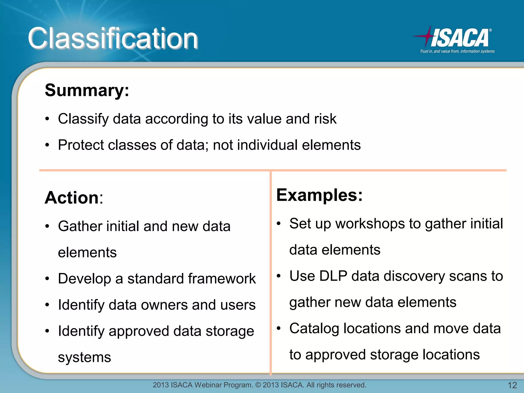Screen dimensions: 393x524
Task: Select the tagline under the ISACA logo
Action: tap(457, 51)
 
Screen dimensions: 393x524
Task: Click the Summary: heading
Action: tap(87, 90)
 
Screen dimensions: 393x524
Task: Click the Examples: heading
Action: tap(319, 195)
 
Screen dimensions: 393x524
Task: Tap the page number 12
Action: tap(512, 385)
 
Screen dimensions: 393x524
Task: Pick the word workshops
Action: tap(370, 224)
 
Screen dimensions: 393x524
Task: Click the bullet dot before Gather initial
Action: tap(47, 227)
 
